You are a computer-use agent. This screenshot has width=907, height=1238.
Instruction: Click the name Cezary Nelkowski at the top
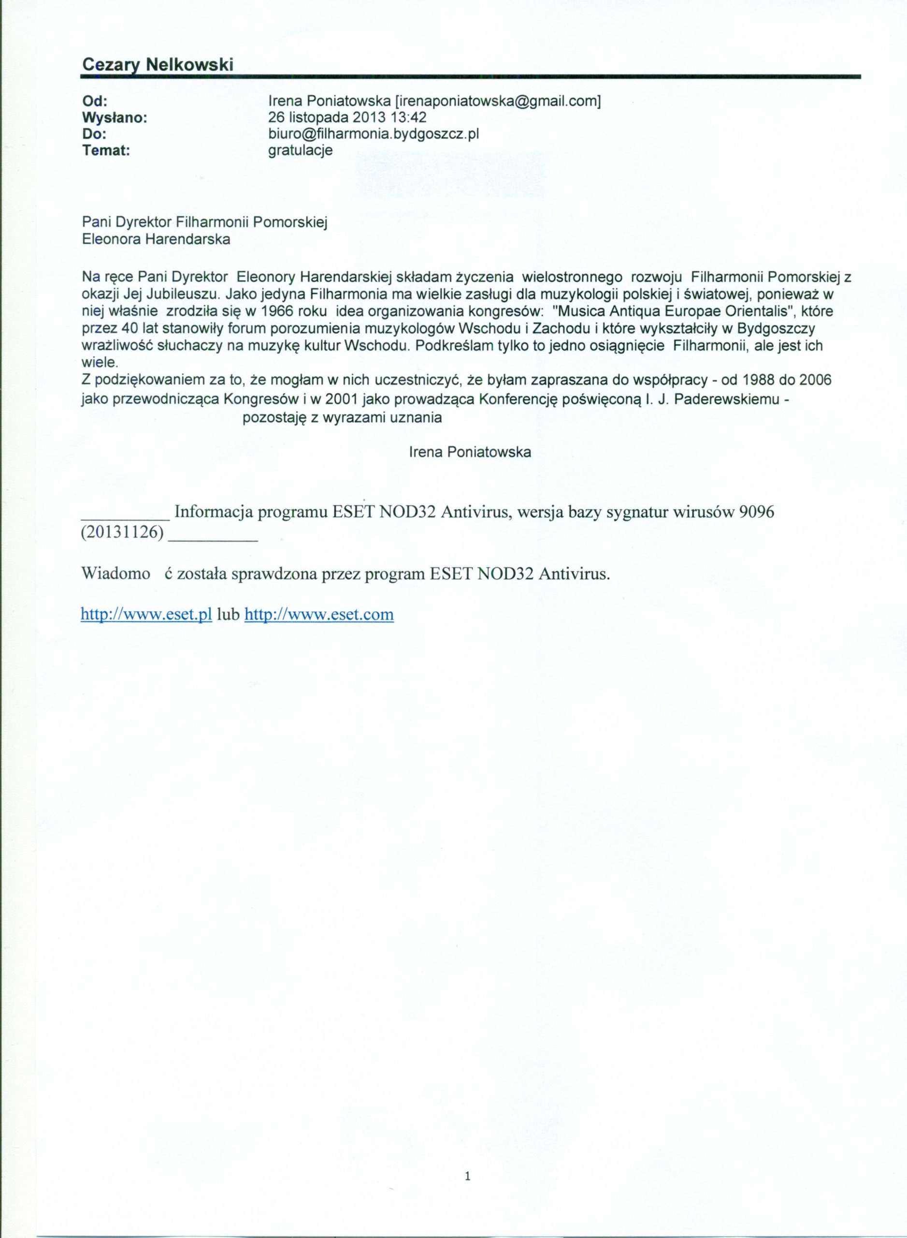(158, 65)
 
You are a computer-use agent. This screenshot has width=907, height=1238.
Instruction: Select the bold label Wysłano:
(115, 118)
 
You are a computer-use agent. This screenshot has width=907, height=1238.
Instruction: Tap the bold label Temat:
(106, 150)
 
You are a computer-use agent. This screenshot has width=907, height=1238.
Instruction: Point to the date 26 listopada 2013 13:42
(347, 118)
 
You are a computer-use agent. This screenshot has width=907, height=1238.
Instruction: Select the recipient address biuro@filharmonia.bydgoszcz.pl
(374, 133)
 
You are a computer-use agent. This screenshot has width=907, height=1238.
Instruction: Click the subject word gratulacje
(300, 150)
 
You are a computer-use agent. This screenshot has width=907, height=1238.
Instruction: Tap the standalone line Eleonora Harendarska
(156, 239)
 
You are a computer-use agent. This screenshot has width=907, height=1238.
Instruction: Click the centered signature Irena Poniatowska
(470, 452)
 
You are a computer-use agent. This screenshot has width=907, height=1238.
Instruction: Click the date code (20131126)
(122, 535)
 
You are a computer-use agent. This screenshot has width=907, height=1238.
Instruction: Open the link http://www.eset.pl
(146, 614)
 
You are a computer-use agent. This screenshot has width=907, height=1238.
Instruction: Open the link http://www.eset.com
(318, 614)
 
